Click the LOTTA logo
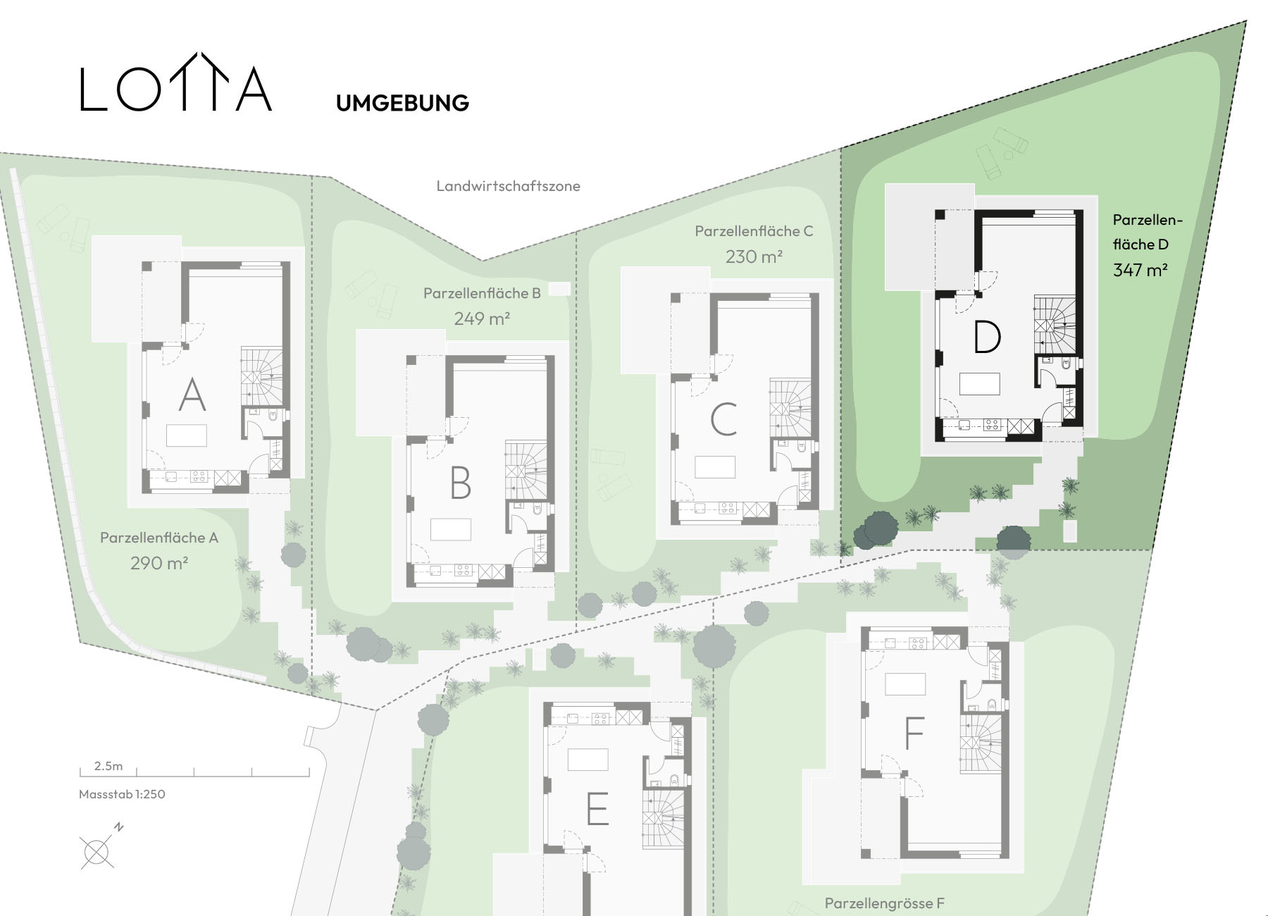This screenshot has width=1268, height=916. click(x=176, y=82)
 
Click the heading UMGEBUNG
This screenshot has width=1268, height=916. click(x=402, y=103)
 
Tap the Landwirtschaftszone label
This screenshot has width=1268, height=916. click(x=508, y=186)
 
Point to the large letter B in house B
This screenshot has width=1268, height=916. click(x=460, y=483)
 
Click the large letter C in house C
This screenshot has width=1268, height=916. click(x=723, y=419)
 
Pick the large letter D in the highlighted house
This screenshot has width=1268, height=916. click(x=986, y=337)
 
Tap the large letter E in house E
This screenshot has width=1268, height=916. click(x=597, y=808)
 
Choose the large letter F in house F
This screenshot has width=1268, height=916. click(x=914, y=733)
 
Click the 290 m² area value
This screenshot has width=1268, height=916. click(x=158, y=563)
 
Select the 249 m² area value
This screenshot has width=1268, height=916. click(x=482, y=318)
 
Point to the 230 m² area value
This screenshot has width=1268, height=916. click(x=754, y=256)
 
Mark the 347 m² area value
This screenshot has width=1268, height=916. click(x=1140, y=269)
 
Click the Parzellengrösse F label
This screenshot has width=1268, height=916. click(x=884, y=903)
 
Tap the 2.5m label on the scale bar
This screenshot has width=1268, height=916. click(x=108, y=766)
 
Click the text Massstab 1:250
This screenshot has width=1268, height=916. click(x=122, y=794)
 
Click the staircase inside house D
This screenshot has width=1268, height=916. click(x=1055, y=323)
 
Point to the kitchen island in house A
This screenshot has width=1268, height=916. click(x=187, y=435)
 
